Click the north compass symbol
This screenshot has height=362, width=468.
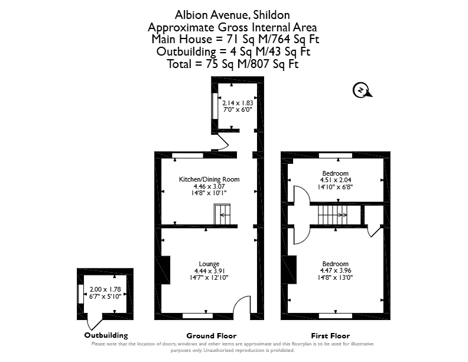coord(362,90)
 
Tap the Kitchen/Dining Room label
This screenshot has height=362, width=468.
coord(209,179)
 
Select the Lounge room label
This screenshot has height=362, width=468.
coord(209,264)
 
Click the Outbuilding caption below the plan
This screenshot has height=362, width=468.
coord(106,335)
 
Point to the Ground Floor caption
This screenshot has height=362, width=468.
coord(212,336)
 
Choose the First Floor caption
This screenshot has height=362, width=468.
coord(330,336)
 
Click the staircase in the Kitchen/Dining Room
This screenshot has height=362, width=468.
coord(222,214)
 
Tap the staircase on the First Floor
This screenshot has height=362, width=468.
coord(333,215)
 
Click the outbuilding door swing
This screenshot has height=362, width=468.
coord(93,324)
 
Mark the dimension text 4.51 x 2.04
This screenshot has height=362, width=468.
coord(336,180)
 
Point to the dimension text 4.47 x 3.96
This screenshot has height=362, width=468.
coord(336,270)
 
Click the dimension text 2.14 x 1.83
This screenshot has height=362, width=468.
coord(238,103)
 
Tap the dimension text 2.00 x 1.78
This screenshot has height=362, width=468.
coord(105,289)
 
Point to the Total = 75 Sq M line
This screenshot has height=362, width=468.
coord(232,64)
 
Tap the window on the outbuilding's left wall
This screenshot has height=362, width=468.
coord(80,294)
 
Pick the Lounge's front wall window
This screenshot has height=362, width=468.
coord(197,316)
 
